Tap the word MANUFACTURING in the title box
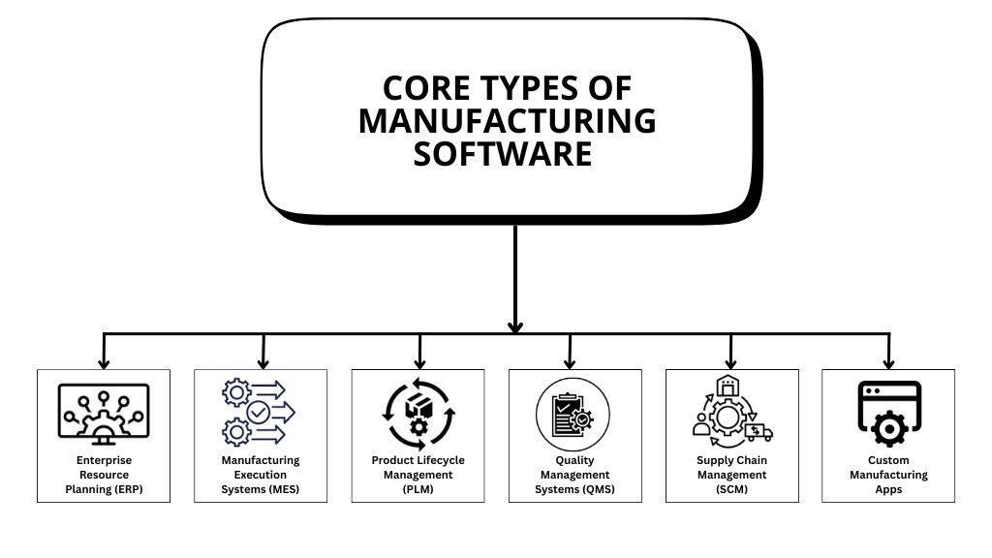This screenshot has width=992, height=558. [x=508, y=121]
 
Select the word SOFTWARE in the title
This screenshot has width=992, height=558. [x=503, y=154]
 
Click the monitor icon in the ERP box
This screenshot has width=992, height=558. [x=104, y=414]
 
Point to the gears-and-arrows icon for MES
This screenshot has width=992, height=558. [x=259, y=412]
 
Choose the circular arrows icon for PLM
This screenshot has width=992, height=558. [x=418, y=414]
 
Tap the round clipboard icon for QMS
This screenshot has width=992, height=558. [x=573, y=415]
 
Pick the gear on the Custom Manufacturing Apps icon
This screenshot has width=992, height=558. [x=889, y=429]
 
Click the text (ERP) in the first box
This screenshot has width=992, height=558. [x=129, y=489]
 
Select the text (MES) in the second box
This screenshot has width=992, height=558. [x=284, y=489]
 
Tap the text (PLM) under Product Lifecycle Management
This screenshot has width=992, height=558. [x=418, y=489]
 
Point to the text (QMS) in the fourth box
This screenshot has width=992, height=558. [x=599, y=489]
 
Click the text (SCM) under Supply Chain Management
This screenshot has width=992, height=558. [x=732, y=489]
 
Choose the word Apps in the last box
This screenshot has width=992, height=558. [x=888, y=489]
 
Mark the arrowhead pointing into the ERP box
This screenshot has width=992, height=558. [x=104, y=364]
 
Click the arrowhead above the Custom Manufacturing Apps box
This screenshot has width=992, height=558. [x=889, y=364]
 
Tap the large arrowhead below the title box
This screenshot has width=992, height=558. [x=515, y=327]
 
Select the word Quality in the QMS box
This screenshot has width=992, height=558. [x=575, y=460]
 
